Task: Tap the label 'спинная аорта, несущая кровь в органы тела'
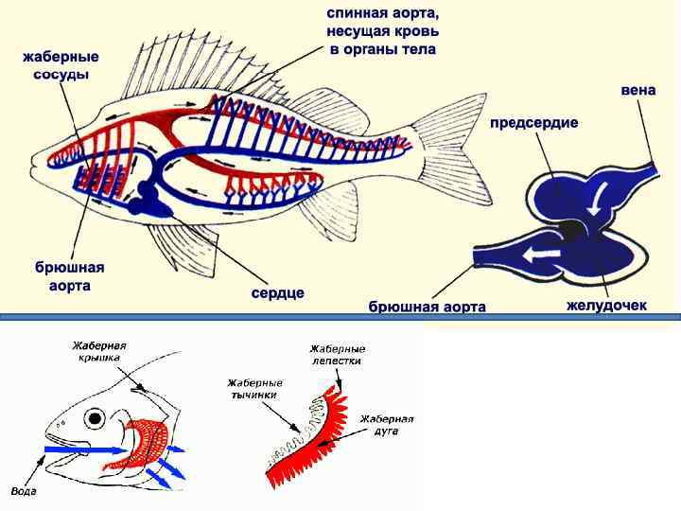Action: [x=383, y=31]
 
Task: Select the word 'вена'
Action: [x=638, y=91]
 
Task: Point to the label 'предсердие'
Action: [x=533, y=123]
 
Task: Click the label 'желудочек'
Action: [x=606, y=306]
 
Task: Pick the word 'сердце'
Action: [x=277, y=292]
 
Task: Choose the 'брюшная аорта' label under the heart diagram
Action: [x=427, y=307]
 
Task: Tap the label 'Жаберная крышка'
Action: [x=100, y=352]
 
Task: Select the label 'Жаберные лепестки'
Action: [x=336, y=355]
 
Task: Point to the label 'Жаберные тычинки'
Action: [x=254, y=388]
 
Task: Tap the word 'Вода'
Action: [x=23, y=491]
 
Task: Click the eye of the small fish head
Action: [x=95, y=417]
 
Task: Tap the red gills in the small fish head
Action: [x=147, y=445]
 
